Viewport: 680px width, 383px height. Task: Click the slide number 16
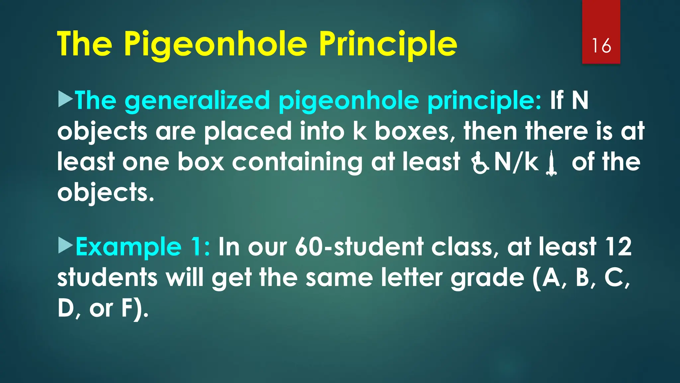coord(601,46)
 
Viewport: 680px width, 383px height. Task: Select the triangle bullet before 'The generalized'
coord(65,99)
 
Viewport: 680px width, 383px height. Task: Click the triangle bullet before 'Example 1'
coord(65,246)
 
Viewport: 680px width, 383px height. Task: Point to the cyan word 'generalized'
coord(197,101)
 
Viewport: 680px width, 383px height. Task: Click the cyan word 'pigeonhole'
coord(348,101)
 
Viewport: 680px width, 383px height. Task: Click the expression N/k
coord(516,162)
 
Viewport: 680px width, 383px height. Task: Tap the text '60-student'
coord(359,247)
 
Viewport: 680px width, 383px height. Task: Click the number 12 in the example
coord(618,247)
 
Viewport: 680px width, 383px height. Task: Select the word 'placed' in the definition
coord(247,132)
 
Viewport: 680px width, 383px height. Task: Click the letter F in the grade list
coord(127,308)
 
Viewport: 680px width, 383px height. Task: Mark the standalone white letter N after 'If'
coord(580,101)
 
